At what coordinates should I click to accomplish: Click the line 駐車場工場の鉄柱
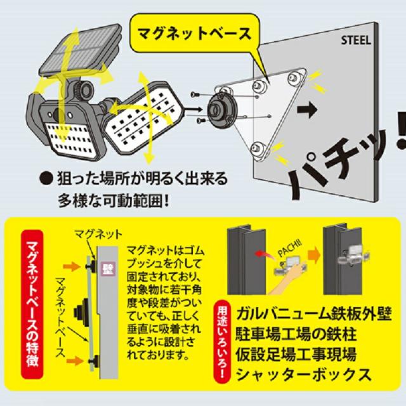point(298,335)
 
